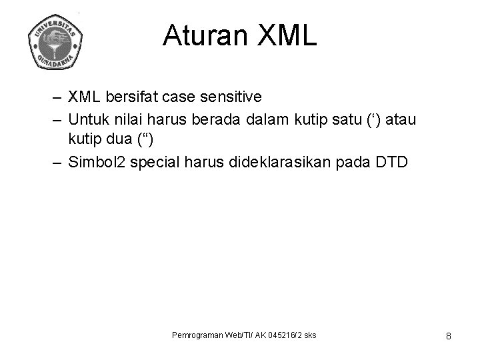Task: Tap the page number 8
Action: click(x=449, y=336)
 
